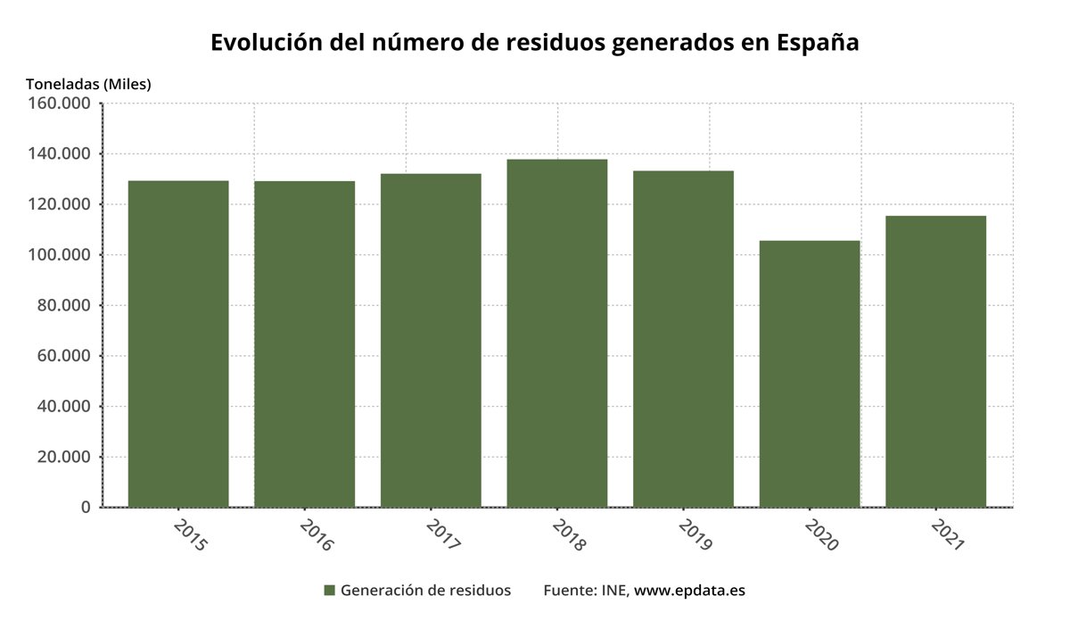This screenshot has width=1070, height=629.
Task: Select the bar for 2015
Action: pyautogui.click(x=178, y=343)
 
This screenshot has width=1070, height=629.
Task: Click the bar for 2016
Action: pyautogui.click(x=304, y=343)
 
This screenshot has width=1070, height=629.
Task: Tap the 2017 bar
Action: pyautogui.click(x=431, y=340)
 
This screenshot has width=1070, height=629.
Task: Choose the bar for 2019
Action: pyautogui.click(x=683, y=339)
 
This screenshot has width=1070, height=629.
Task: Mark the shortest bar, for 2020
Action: pyautogui.click(x=810, y=374)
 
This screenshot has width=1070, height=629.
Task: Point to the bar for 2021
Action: pyautogui.click(x=935, y=361)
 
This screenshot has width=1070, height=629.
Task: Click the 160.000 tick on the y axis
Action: pyautogui.click(x=61, y=103)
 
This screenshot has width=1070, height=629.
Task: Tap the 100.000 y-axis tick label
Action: pyautogui.click(x=61, y=255)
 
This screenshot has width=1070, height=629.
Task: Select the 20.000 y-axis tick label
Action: pyautogui.click(x=65, y=457)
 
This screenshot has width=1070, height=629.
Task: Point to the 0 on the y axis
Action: pyautogui.click(x=86, y=507)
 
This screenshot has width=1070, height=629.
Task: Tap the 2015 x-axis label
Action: pyautogui.click(x=188, y=534)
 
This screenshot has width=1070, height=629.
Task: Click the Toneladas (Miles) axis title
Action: pyautogui.click(x=88, y=84)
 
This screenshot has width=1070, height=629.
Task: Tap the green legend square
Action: pyautogui.click(x=329, y=591)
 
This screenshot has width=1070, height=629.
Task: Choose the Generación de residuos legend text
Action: pyautogui.click(x=425, y=591)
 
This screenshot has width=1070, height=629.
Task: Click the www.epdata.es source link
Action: pyautogui.click(x=689, y=591)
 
